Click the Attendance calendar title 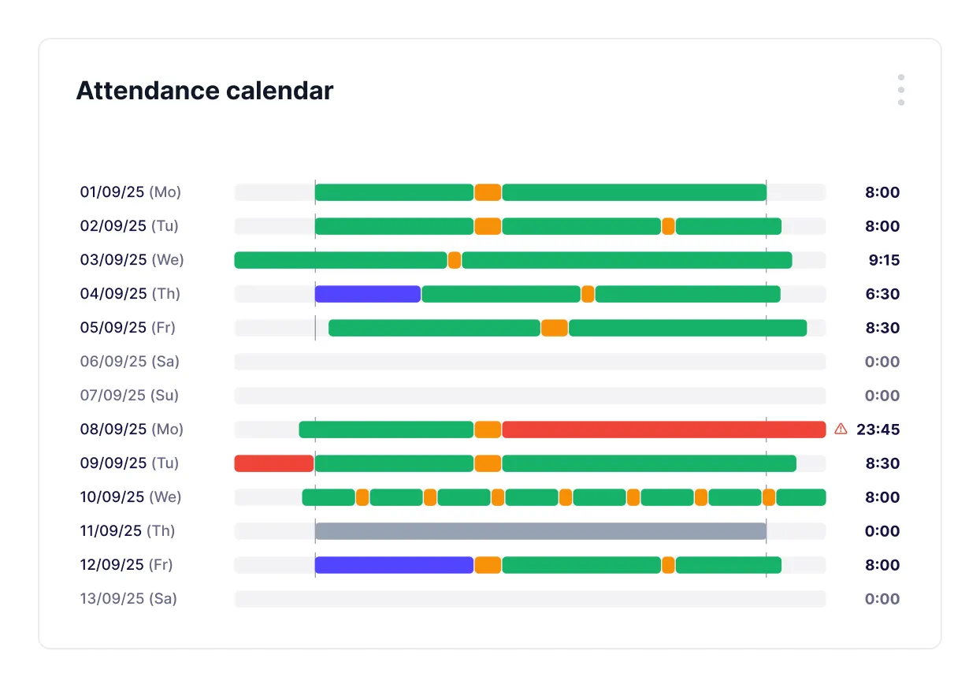coord(205,91)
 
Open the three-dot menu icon coord(900,90)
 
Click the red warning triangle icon coord(841,429)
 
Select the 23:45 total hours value coord(878,430)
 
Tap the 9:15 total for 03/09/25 coord(882,260)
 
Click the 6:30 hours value coord(882,294)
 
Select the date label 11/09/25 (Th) coord(128,531)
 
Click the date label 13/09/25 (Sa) coord(128,599)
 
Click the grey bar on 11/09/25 coord(540,531)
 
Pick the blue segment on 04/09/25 coord(367,294)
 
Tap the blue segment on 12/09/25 coord(394,565)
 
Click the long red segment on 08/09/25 coord(663,430)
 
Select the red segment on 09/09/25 coord(274,463)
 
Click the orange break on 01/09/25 coord(488,192)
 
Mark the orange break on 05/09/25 coord(555,328)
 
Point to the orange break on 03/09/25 coord(455,260)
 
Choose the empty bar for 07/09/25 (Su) coord(529,396)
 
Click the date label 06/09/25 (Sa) coord(130,362)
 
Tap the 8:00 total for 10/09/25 coord(882,497)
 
